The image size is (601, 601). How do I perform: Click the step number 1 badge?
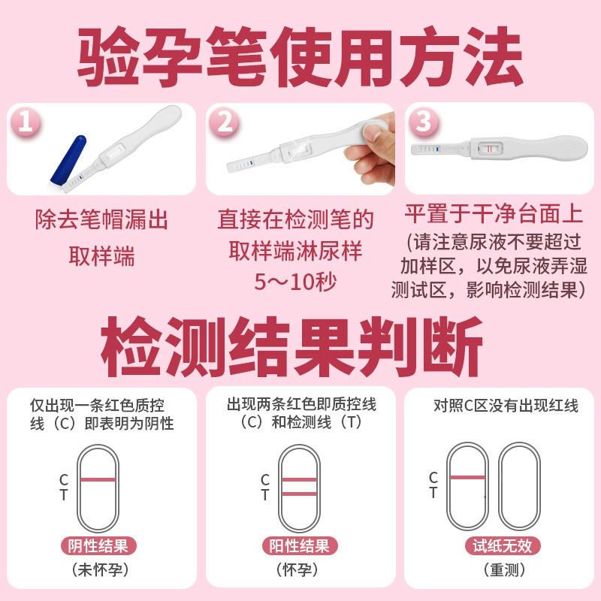[x=26, y=122]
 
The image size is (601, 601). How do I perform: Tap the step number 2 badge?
[x=224, y=122]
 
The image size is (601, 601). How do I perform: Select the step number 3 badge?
[x=424, y=122]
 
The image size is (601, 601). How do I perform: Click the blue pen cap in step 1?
[x=69, y=160]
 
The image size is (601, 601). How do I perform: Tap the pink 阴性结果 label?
[x=98, y=546]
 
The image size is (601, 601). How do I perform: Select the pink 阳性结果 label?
[x=299, y=546]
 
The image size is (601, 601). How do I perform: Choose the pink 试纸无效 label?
[x=503, y=546]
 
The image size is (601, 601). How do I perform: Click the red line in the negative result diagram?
[x=98, y=479]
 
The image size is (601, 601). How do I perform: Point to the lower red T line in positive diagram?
[x=299, y=494]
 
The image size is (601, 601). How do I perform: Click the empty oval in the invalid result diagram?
[x=519, y=487]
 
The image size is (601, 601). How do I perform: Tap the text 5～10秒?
[x=295, y=282]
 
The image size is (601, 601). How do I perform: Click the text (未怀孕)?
[x=100, y=570]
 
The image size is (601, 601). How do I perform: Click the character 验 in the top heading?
[x=108, y=57]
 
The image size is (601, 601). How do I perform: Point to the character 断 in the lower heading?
[x=452, y=346]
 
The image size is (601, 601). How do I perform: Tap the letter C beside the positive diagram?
[x=265, y=479]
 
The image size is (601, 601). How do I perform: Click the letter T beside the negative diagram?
[x=64, y=495]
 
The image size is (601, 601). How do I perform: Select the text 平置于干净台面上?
[x=494, y=214]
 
